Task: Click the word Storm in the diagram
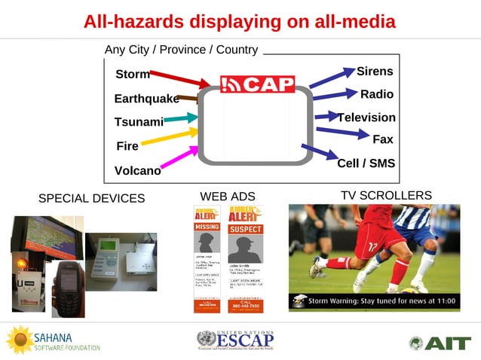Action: click(132, 75)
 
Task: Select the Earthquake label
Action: click(146, 99)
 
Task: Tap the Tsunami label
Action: click(139, 122)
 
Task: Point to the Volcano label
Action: click(137, 171)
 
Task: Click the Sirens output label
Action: click(374, 72)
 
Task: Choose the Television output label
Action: click(366, 117)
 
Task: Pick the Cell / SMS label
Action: click(366, 163)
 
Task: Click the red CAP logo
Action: click(257, 84)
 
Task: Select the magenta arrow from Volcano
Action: click(179, 157)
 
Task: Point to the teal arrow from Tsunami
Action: click(180, 118)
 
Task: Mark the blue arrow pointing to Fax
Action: click(341, 133)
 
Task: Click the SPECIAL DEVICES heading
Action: click(91, 199)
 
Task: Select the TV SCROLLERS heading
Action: click(386, 196)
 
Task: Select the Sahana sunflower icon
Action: click(19, 340)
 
